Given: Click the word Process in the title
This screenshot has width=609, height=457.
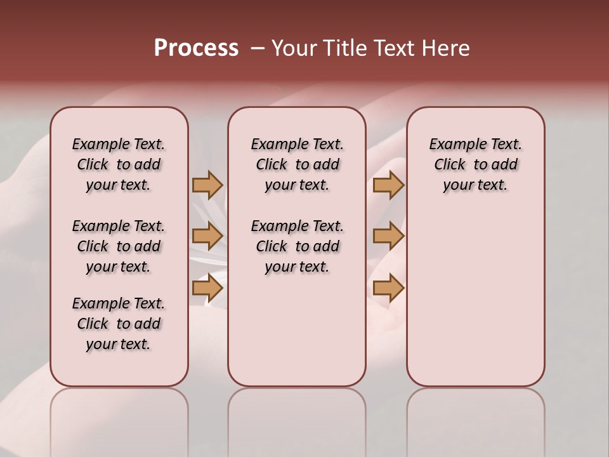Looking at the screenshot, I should coord(196,48).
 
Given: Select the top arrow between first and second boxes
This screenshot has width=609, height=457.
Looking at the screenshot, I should coord(207,185).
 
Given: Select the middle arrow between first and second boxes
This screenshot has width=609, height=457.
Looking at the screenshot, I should coord(207,236).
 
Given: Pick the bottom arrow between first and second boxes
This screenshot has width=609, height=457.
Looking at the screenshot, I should coord(207,288).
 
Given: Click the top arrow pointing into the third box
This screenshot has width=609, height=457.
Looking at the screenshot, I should coord(388,185).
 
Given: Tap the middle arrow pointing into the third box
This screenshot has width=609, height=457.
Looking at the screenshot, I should coord(388,236).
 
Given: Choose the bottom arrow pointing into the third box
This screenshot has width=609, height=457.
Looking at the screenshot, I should coord(388,288).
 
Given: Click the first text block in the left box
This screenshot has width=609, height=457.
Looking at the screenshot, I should coord(119,164).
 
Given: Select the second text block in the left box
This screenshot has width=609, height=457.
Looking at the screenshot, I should coord(119,246).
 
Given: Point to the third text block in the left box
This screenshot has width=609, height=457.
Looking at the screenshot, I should coord(119,324).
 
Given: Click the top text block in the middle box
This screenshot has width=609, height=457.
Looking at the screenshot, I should coord(297,164).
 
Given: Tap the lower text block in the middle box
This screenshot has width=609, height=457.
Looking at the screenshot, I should coord(297,246).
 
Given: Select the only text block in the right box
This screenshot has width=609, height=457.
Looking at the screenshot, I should coord(475,164).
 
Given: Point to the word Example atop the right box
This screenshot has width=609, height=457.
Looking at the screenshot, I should coord(452,145).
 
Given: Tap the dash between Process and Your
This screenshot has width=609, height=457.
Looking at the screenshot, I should coord(258,48).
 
